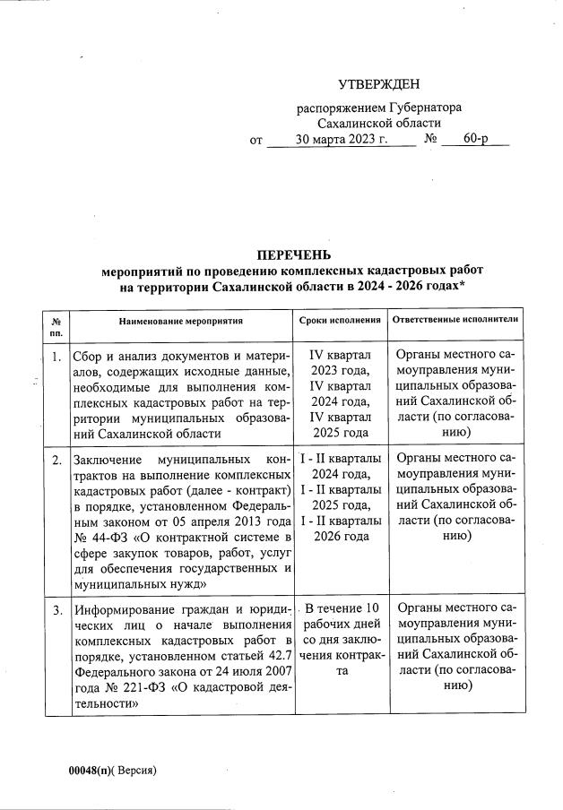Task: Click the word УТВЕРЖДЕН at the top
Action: tap(378, 85)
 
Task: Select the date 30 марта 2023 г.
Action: tap(341, 140)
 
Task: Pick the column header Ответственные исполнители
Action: tap(454, 319)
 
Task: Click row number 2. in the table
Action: tap(56, 460)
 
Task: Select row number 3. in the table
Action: tap(56, 611)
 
